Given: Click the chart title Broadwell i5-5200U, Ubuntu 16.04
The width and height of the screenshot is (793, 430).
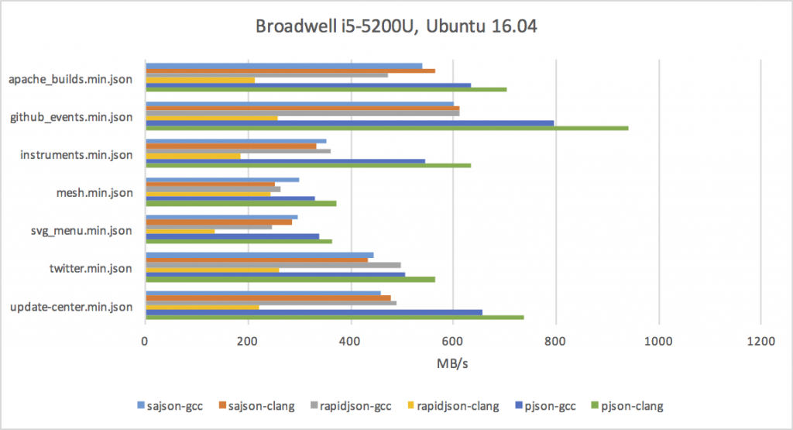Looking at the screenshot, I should pos(396,27).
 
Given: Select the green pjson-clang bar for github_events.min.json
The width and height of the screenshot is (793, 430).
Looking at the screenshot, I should pos(386,128).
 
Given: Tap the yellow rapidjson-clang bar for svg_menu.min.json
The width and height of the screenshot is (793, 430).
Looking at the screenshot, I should pos(180,231).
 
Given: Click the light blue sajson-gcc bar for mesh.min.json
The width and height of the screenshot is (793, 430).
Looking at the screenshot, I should pos(222,180).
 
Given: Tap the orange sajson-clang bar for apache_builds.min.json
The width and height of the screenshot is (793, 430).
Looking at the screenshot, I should pos(290,71).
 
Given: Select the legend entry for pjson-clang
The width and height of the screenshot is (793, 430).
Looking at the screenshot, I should pos(632,406).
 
